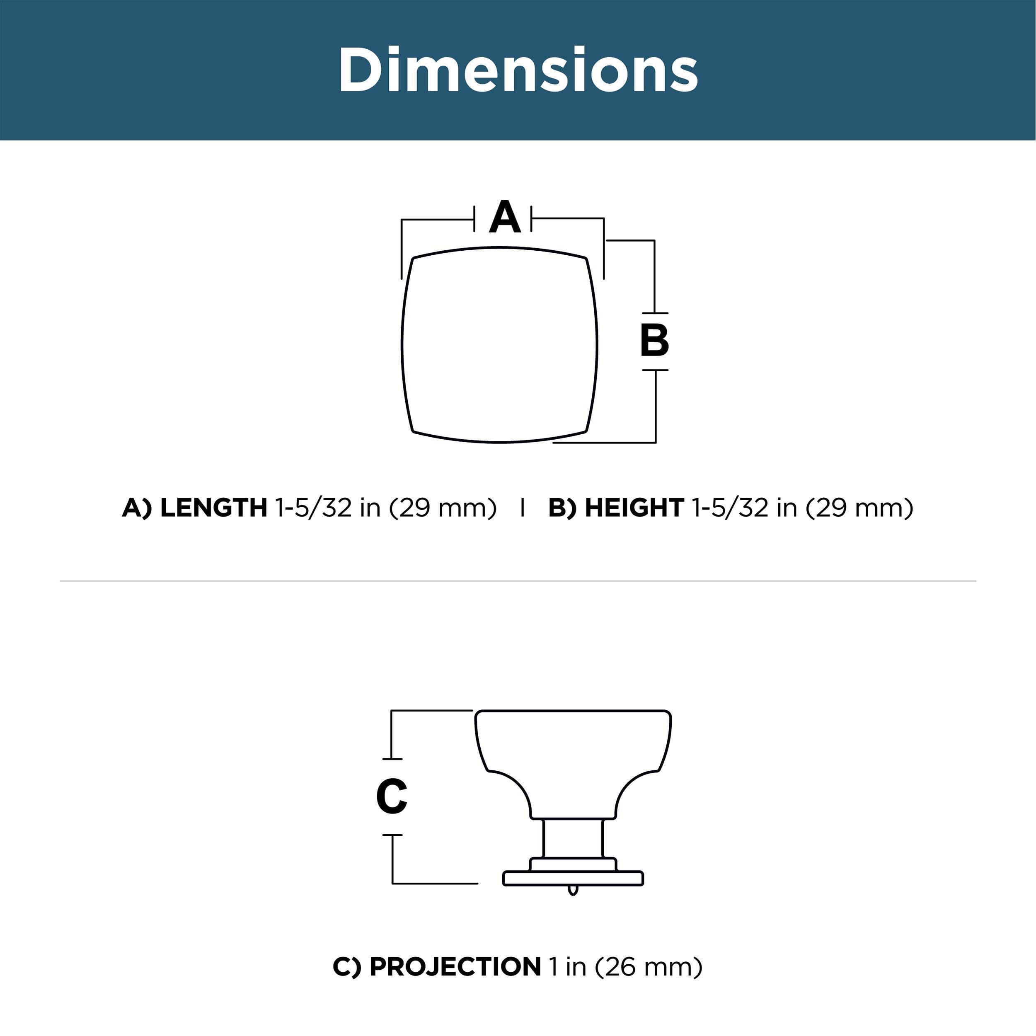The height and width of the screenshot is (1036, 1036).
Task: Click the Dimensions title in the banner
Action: [x=518, y=70]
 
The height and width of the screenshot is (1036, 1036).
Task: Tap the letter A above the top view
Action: [x=505, y=217]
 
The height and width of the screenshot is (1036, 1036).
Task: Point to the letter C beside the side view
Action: [x=392, y=796]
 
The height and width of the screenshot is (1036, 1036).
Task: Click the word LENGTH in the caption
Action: [x=213, y=507]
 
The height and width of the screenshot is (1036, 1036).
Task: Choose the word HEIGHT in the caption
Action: [x=634, y=507]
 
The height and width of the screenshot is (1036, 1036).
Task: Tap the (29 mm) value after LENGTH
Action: [x=443, y=508]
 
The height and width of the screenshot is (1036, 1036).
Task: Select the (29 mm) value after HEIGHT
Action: [x=859, y=508]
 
